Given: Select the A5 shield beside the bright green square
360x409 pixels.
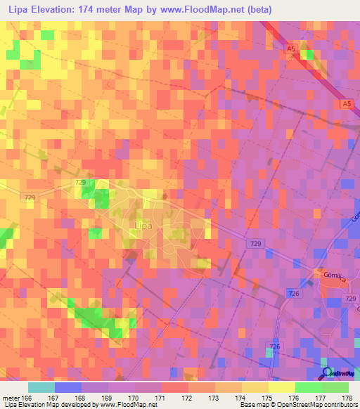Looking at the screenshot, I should [x=291, y=48].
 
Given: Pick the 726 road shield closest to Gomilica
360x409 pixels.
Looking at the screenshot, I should [x=293, y=293].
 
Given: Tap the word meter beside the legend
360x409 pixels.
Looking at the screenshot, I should [x=12, y=397].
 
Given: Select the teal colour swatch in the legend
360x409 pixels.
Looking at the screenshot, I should [x=41, y=387].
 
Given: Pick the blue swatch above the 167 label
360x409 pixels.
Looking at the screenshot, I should [x=68, y=387].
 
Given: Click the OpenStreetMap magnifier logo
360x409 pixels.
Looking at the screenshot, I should [x=328, y=372].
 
